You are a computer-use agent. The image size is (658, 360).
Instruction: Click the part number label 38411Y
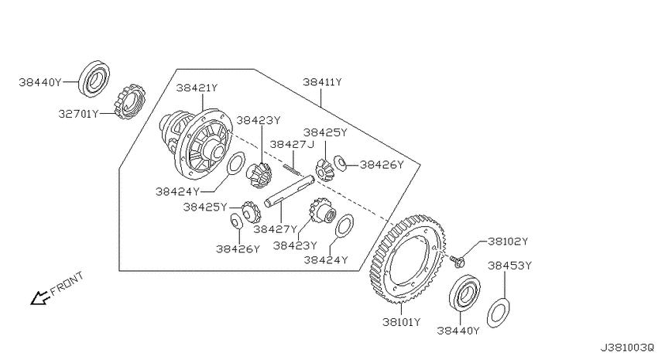[x=322, y=82]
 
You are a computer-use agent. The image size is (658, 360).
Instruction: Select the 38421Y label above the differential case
[x=197, y=88]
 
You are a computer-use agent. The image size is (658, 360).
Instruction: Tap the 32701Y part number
[x=78, y=114]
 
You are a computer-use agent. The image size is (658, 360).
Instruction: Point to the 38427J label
[x=292, y=145]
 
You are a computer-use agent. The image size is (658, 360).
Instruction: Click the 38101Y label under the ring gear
[x=401, y=322]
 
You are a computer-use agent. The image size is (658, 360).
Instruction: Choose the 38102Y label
[x=508, y=242]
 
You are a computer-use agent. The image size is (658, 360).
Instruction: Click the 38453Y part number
[x=509, y=266]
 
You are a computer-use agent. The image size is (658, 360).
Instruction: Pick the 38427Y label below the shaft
[x=275, y=229]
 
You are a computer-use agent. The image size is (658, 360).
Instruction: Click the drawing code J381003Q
[x=627, y=348]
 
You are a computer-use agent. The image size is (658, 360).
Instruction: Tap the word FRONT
[x=67, y=283]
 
